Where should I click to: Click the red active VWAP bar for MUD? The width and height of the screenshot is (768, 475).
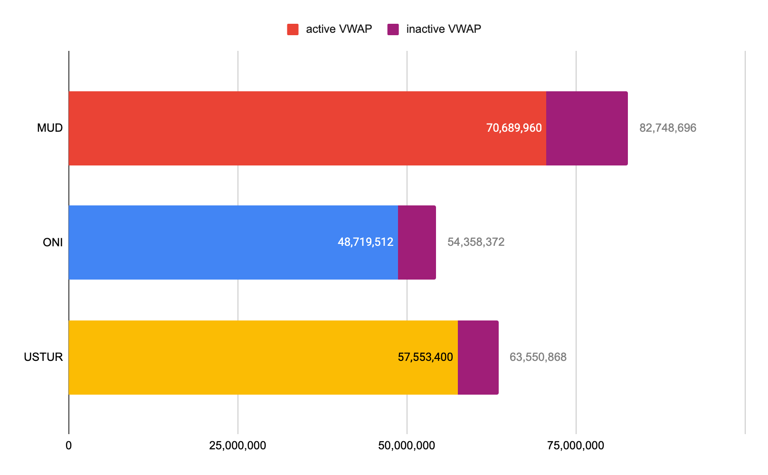275,128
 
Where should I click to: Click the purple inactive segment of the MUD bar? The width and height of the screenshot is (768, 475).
587,128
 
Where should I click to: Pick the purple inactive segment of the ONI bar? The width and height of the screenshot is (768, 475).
417,242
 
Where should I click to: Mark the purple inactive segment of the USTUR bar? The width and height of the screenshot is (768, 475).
478,358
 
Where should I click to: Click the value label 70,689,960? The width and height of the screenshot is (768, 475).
514,128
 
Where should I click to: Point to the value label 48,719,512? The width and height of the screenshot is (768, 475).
365,242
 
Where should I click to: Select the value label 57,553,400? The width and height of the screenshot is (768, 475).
425,357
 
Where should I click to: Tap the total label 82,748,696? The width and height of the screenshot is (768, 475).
667,128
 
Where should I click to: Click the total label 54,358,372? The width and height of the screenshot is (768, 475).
475,242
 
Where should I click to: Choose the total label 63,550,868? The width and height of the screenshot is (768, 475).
538,357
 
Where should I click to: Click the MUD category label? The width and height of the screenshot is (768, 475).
50,128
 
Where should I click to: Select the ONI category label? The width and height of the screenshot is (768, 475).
53,242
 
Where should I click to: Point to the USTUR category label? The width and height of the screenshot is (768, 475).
43,357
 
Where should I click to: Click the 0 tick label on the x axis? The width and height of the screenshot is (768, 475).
69,446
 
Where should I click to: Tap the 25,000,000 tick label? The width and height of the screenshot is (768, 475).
237,446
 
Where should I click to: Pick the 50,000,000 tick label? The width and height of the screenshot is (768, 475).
407,446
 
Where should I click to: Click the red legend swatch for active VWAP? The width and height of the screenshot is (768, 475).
293,29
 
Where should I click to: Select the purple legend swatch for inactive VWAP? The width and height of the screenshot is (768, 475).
393,29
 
